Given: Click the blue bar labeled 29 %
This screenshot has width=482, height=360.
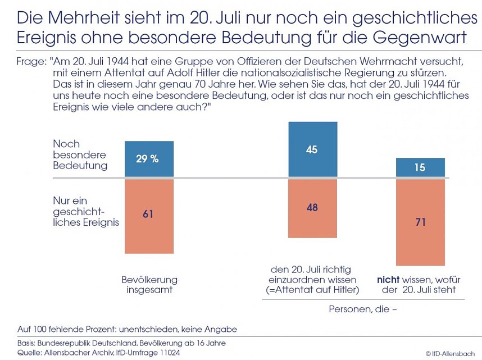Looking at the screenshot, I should (x=149, y=159).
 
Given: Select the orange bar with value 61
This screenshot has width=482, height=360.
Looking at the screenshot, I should (x=149, y=216).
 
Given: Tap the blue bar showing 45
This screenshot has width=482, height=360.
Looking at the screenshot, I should (x=312, y=149).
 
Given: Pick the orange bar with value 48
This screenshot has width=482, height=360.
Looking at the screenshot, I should (x=312, y=208).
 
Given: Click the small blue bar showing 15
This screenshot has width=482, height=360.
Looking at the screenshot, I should (x=420, y=167).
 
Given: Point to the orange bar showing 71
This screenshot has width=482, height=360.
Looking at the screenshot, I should (x=420, y=222).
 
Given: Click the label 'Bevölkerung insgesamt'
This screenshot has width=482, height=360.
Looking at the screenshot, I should (x=149, y=285).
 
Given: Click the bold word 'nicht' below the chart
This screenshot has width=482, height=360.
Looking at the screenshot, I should (x=388, y=279).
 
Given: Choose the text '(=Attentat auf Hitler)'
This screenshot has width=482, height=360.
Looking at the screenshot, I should (x=312, y=290).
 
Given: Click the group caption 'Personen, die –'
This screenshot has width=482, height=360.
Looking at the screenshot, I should (x=363, y=308).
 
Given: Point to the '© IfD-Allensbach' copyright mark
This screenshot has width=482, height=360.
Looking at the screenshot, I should (x=450, y=353).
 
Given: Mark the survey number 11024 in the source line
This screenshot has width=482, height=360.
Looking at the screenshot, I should (x=183, y=352).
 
